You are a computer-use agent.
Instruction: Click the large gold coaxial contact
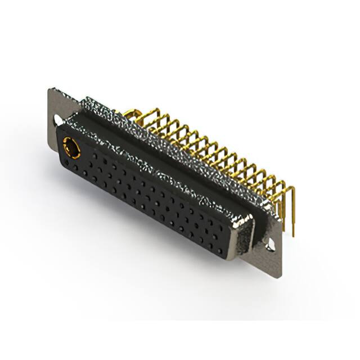71,148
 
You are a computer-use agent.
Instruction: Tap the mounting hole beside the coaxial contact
58,120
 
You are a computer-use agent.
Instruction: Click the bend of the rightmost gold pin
290,189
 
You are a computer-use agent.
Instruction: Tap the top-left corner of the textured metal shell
84,101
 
